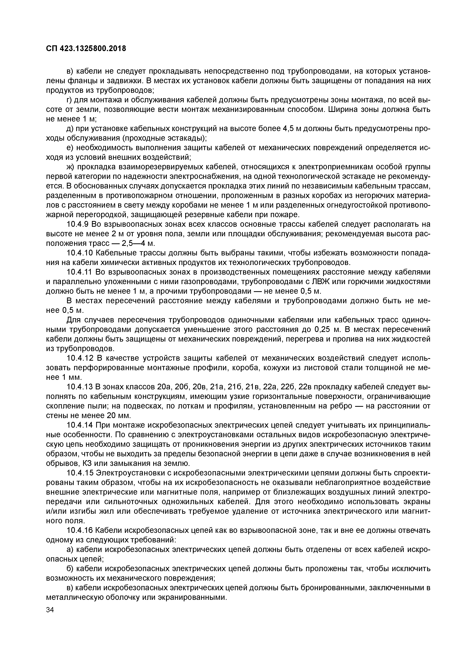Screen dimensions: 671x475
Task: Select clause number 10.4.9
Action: pos(78,224)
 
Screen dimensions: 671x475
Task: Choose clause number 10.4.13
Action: pos(79,387)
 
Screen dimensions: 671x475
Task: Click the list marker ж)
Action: pos(71,167)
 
